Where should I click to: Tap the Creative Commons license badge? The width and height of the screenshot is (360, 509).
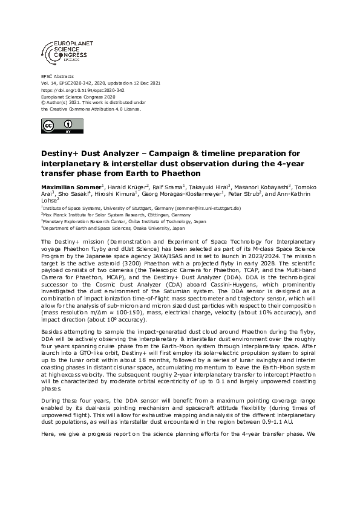pyautogui.click(x=56, y=126)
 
